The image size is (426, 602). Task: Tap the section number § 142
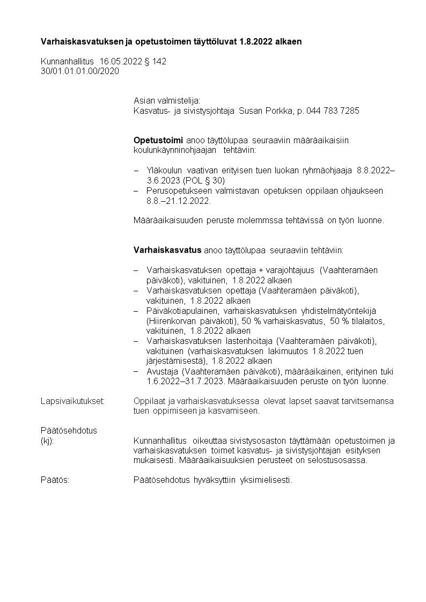pyautogui.click(x=156, y=62)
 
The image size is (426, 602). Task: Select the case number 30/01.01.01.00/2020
pyautogui.click(x=80, y=71)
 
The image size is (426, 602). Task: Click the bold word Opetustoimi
pyautogui.click(x=158, y=140)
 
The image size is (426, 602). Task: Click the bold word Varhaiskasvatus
pyautogui.click(x=167, y=250)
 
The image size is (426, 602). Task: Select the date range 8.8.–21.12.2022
pyautogui.click(x=179, y=201)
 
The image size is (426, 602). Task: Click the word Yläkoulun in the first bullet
pyautogui.click(x=164, y=170)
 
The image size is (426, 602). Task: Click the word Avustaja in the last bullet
pyautogui.click(x=163, y=371)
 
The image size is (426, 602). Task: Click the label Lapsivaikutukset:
pyautogui.click(x=72, y=401)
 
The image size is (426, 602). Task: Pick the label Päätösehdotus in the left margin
pyautogui.click(x=69, y=431)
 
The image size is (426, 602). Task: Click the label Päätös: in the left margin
pyautogui.click(x=55, y=480)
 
